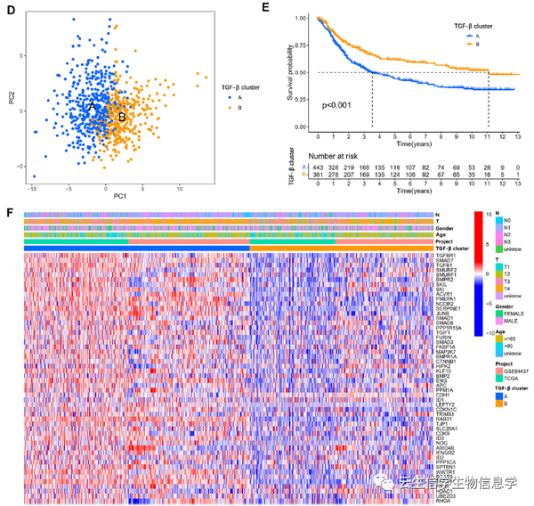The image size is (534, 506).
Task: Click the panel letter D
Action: coord(9,9)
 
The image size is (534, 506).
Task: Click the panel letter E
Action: coord(290,9)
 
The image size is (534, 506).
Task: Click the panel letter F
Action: coord(9,215)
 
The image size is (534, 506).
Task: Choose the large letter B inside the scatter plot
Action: coord(122,116)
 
